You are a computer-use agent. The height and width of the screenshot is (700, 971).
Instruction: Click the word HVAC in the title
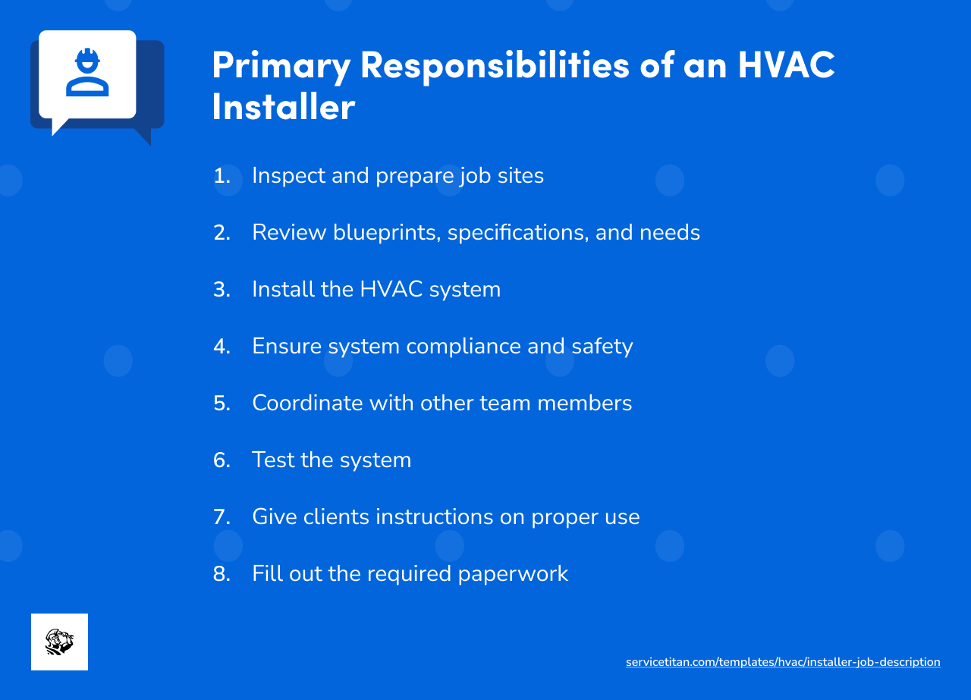(x=787, y=64)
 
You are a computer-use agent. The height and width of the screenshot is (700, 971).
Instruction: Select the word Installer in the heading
(x=283, y=106)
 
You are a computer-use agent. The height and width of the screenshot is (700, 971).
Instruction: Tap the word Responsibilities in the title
(x=495, y=66)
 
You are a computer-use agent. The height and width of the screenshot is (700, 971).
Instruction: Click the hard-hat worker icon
(x=87, y=73)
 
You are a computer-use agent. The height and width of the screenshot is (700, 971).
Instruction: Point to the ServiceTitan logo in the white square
(x=59, y=642)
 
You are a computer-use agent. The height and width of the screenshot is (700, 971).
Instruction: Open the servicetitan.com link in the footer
(x=783, y=662)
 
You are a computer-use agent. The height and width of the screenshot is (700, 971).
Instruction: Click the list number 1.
(x=221, y=176)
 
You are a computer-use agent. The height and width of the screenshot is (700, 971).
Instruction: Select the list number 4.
(x=222, y=347)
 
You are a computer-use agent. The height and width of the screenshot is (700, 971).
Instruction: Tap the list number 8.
(x=222, y=574)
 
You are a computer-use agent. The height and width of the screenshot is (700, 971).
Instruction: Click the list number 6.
(x=222, y=460)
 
